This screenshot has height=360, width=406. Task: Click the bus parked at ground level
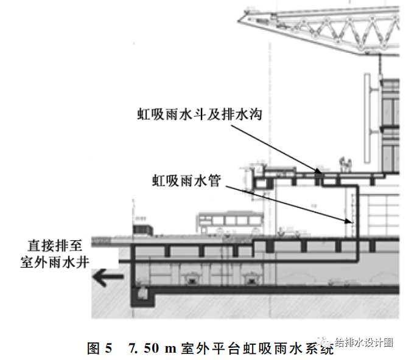[x=226, y=223]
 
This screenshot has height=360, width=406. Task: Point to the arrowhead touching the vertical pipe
[x=352, y=223]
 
